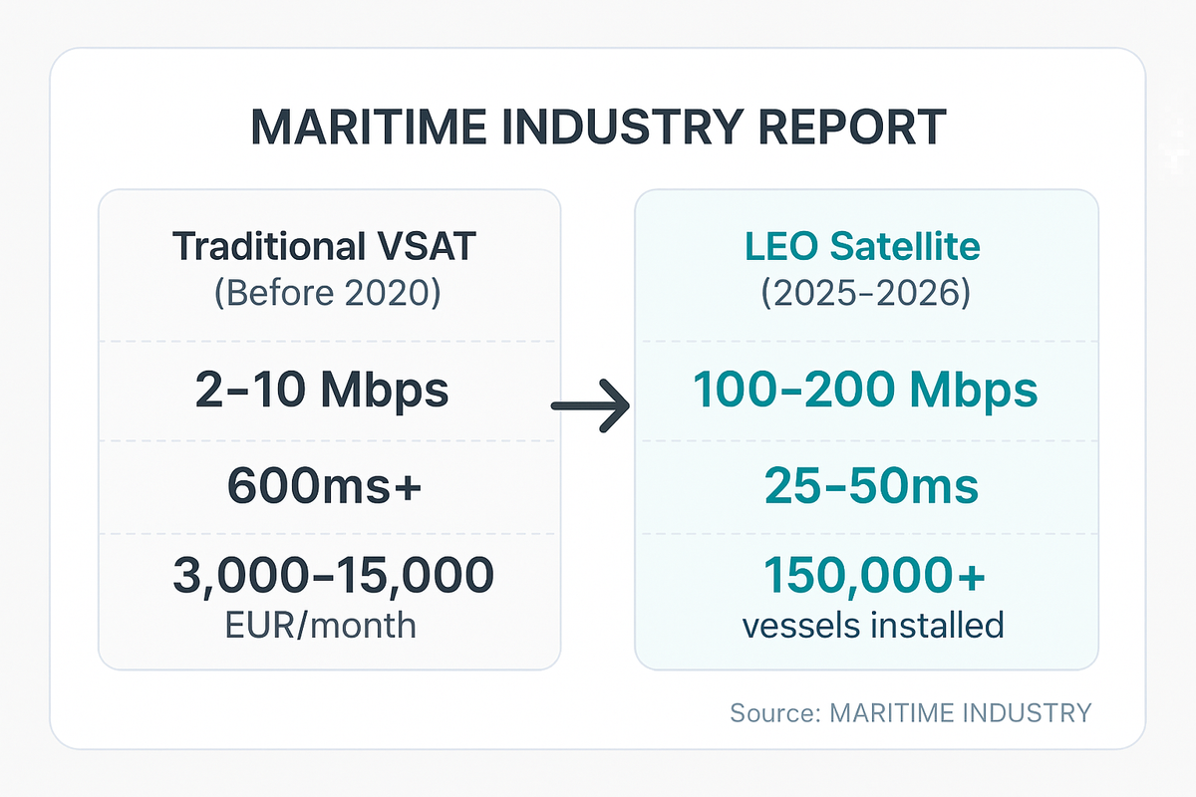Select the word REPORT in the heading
848,128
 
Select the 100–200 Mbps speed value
865,391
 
